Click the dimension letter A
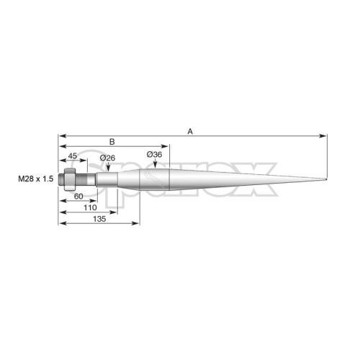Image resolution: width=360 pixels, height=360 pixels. click(190, 132)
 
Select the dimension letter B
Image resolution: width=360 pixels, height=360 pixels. click(112, 142)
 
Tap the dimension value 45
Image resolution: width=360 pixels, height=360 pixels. click(73, 156)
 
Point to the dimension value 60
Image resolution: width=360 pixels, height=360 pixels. click(78, 197)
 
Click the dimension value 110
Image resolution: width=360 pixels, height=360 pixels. click(90, 207)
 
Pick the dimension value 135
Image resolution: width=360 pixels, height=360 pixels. click(99, 219)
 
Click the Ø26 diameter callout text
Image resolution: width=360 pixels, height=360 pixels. click(107, 158)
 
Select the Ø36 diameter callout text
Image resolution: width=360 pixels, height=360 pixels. click(154, 154)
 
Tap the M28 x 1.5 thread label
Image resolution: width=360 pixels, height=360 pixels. click(36, 179)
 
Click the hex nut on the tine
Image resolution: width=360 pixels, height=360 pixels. click(70, 179)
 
